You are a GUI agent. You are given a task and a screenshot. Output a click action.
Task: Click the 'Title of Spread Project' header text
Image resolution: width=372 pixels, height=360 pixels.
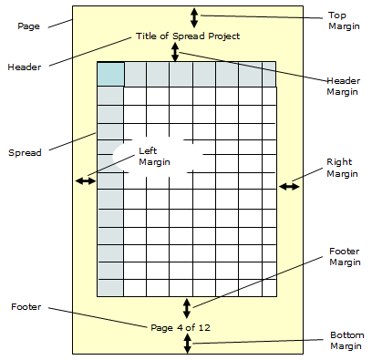click(188, 36)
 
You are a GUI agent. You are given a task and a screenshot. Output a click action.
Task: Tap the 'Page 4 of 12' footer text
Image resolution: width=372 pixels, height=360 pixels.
click(188, 326)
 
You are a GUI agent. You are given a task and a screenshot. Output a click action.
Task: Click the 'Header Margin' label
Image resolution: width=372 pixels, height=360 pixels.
click(344, 87)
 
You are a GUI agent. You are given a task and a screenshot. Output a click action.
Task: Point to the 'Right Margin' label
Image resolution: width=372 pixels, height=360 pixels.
click(343, 168)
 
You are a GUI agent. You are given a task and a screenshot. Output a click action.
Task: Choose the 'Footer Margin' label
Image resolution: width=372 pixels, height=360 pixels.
click(344, 257)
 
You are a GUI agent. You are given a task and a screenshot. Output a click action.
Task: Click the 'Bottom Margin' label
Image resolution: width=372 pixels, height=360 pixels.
click(346, 341)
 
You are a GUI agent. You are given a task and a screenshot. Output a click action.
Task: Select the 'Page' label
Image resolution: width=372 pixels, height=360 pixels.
click(28, 26)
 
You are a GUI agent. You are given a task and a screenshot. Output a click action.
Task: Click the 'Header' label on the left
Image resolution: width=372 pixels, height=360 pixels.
click(25, 67)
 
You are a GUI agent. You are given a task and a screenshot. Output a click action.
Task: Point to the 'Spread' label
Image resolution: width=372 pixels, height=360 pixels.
click(24, 152)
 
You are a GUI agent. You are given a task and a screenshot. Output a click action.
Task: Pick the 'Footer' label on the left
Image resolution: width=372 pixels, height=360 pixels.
click(25, 306)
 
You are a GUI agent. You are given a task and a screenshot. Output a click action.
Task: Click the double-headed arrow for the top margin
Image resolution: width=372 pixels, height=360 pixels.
click(193, 16)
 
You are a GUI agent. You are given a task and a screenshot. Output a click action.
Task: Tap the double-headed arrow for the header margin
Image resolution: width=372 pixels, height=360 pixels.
click(175, 52)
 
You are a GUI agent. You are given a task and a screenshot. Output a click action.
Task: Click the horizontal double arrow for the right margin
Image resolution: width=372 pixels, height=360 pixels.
click(289, 186)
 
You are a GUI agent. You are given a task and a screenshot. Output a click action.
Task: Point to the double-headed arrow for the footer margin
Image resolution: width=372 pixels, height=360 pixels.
click(187, 307)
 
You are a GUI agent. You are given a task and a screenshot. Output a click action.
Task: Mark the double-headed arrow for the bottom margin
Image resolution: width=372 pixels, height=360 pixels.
click(188, 343)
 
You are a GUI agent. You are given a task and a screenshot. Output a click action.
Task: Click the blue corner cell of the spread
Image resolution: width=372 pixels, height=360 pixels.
click(109, 75)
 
